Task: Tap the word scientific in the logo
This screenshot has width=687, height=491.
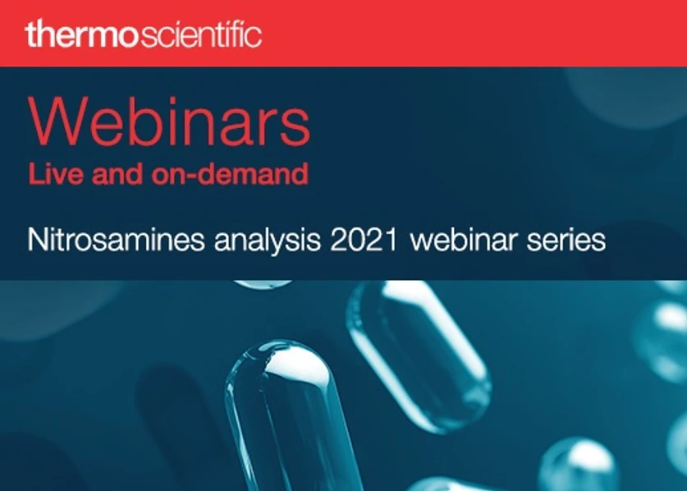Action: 202,34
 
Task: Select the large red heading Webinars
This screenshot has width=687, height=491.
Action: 169,124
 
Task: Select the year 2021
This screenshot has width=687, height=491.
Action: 369,241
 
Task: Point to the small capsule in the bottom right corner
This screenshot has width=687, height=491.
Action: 579,464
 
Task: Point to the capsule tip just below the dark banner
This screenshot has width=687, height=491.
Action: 263,284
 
